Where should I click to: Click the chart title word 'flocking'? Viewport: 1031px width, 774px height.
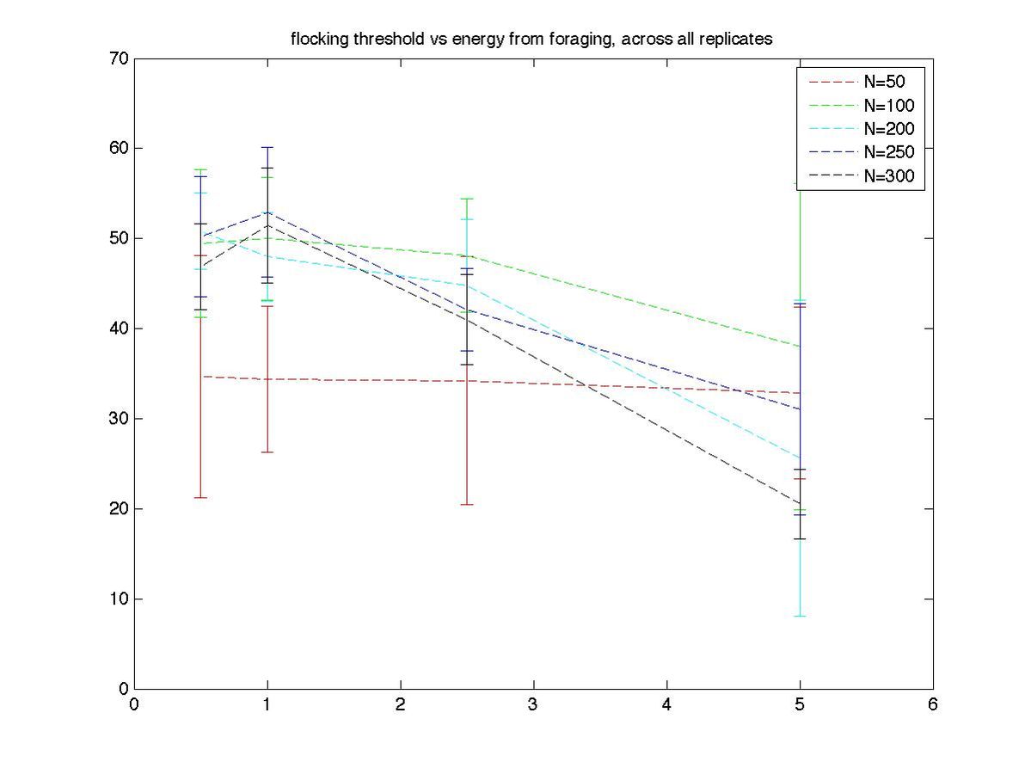(x=316, y=39)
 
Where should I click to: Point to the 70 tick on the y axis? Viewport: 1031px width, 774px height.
(x=119, y=58)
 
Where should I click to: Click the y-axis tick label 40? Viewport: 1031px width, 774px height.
(x=119, y=329)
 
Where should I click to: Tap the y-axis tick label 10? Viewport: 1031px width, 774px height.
(x=119, y=599)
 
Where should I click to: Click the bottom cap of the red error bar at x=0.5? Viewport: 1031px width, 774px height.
(x=201, y=497)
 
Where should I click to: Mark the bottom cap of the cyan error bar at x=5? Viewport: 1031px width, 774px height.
(x=801, y=616)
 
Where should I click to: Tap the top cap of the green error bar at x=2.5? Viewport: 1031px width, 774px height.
(x=467, y=199)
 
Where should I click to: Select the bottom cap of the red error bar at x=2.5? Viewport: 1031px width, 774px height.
(x=467, y=504)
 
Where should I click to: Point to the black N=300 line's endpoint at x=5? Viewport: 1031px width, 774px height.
(x=801, y=503)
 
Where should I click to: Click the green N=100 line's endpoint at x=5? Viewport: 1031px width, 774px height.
(x=801, y=347)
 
